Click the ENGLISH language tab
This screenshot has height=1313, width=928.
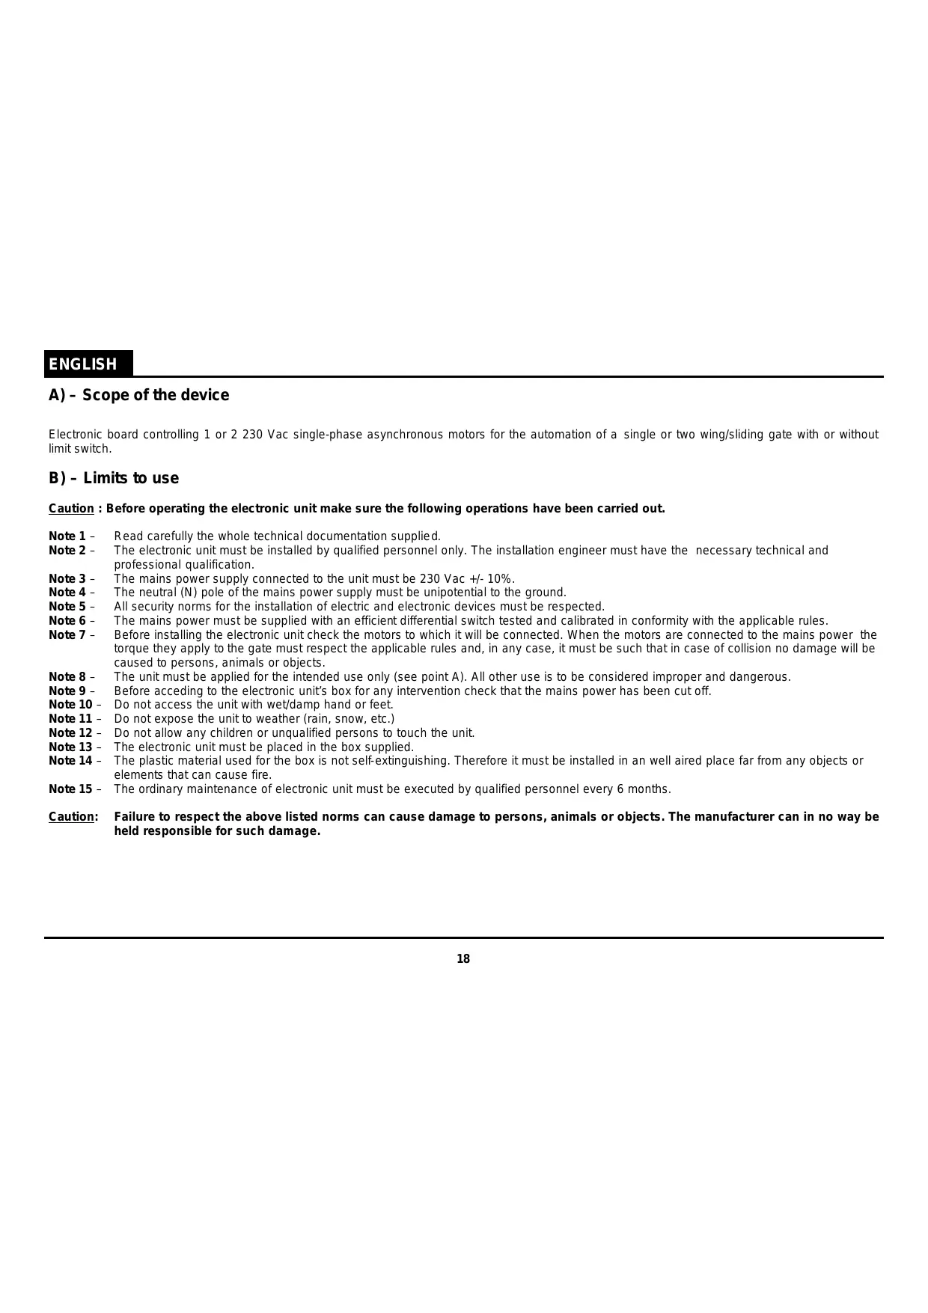point(83,364)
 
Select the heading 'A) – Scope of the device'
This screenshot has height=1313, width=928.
point(139,395)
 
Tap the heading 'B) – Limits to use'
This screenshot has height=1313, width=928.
point(114,478)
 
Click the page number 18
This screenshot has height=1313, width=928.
point(463,959)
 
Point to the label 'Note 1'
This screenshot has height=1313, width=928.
point(67,536)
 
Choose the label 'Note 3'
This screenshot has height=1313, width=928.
point(67,579)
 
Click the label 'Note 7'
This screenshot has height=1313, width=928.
point(67,635)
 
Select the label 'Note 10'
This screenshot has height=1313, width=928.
point(70,705)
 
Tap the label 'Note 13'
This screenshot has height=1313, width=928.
point(70,747)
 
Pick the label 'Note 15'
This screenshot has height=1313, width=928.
point(70,789)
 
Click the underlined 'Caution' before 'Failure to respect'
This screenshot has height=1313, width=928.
point(71,817)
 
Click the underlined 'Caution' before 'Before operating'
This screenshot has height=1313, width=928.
point(71,509)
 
